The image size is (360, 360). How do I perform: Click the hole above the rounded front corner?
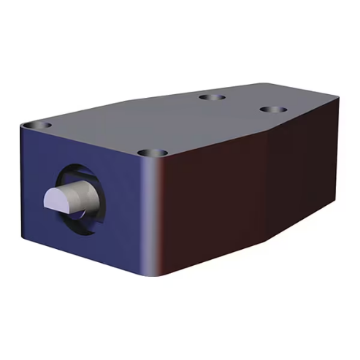[153, 153]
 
